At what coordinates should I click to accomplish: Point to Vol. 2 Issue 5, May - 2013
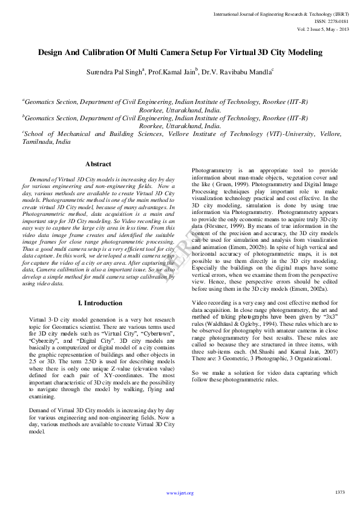pos(322,28)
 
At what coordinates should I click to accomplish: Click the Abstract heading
pos(98,164)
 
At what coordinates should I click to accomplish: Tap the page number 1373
pos(339,492)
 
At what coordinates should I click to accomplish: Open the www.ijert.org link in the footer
pos(180,493)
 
